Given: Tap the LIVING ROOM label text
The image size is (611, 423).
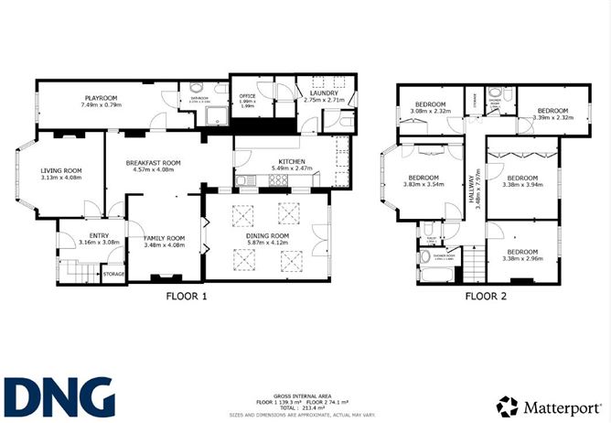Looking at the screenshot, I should click(60, 170).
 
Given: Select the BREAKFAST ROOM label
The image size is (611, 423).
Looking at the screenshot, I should click(154, 162).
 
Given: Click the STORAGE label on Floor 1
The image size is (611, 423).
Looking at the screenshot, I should click(113, 274).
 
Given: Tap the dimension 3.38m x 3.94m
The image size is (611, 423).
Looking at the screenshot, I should click(522, 184).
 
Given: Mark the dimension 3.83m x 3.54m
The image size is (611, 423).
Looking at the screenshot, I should click(423, 184).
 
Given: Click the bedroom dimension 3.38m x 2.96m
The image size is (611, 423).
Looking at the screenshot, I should click(522, 258).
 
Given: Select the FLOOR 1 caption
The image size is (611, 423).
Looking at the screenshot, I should click(187, 297).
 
